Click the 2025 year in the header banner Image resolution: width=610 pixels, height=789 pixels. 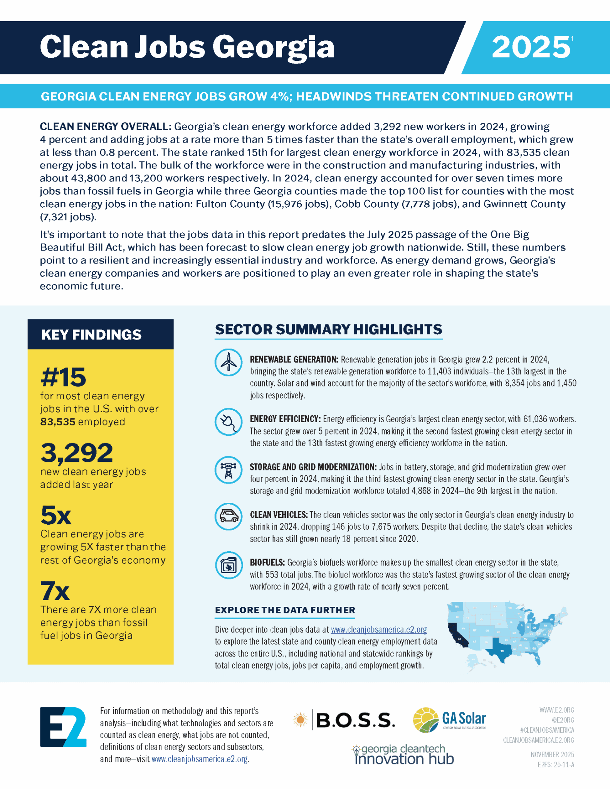[531, 47]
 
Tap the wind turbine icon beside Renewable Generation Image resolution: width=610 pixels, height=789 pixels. [229, 363]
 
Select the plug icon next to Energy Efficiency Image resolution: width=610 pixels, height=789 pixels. [229, 422]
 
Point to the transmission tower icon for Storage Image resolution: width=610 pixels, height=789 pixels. [229, 470]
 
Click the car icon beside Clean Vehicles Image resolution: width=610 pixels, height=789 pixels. [229, 517]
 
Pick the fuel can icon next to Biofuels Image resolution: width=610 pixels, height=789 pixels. [229, 565]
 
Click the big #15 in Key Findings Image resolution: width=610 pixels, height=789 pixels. [63, 377]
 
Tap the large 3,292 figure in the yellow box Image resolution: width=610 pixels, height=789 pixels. [77, 453]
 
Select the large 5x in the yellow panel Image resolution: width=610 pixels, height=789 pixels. [56, 515]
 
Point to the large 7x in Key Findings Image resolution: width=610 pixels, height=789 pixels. [55, 591]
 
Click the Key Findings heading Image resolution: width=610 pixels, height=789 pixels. [91, 335]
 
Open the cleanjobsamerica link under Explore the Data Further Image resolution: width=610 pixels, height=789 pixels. [379, 630]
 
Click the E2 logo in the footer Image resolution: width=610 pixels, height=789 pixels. [63, 727]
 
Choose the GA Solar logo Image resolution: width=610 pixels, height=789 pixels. [449, 719]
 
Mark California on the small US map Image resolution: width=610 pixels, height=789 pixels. [458, 636]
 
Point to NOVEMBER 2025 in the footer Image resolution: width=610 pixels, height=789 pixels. [552, 754]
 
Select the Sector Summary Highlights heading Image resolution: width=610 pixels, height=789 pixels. [328, 329]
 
